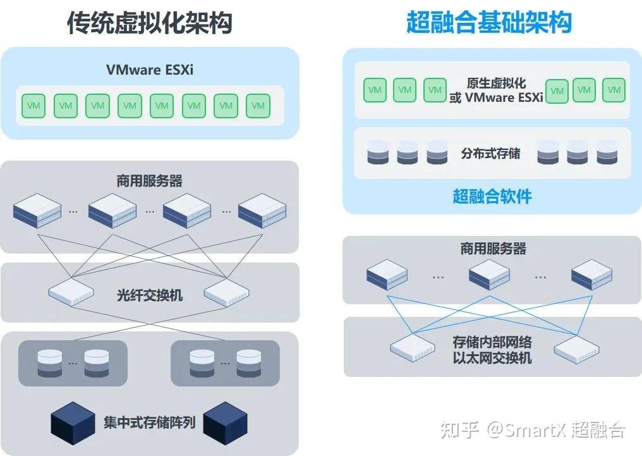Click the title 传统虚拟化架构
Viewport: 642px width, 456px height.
[x=150, y=23]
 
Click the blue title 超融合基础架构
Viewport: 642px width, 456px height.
[x=489, y=23]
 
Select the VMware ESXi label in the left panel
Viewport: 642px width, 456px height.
[x=150, y=70]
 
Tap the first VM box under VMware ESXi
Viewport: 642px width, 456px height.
[x=33, y=106]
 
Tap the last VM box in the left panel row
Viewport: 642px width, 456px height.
[x=258, y=106]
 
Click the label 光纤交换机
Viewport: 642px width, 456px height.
[x=150, y=295]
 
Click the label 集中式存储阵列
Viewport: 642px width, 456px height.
[x=150, y=422]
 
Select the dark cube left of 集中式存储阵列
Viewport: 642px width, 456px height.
[x=73, y=422]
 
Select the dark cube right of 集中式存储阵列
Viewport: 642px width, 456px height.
[x=225, y=422]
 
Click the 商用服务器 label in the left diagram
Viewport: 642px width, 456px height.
[x=150, y=182]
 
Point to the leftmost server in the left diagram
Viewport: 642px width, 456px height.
[x=37, y=211]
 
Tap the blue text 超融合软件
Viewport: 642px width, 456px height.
[x=492, y=196]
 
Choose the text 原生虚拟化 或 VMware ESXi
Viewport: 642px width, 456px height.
[x=496, y=90]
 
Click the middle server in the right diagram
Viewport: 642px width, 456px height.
[x=489, y=274]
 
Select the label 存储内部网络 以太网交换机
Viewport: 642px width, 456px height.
[x=492, y=350]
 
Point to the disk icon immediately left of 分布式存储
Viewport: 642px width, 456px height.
[x=437, y=153]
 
